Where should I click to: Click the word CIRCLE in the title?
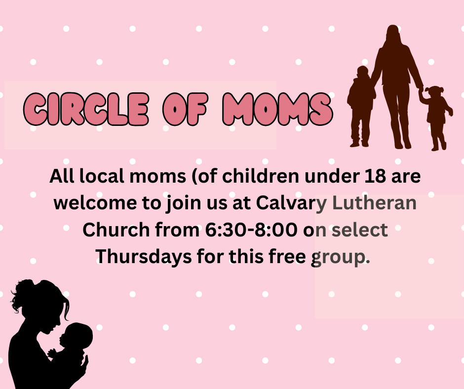pos(86,109)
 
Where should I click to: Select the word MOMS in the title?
pos(277,109)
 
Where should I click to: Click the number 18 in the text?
pos(375,176)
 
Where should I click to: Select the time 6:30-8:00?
pos(251,230)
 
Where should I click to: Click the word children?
pos(261,176)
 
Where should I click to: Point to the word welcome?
pos(95,203)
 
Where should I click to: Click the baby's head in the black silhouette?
pos(77,336)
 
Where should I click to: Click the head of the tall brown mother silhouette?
pos(393,33)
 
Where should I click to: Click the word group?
pos(340,257)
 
